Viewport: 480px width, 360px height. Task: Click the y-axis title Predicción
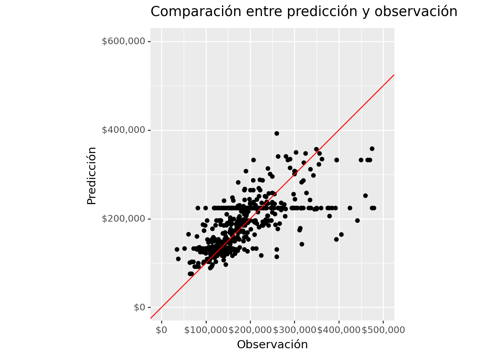click(x=91, y=176)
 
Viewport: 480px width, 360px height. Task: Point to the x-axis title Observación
click(x=272, y=344)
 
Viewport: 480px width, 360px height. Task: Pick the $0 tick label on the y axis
click(x=140, y=308)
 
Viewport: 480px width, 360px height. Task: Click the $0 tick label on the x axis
click(x=161, y=330)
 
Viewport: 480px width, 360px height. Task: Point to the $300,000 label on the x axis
click(x=295, y=330)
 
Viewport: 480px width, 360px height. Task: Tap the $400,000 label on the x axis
click(x=339, y=330)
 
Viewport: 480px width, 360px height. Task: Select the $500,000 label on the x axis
click(x=383, y=330)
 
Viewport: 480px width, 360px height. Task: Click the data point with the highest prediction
click(x=277, y=133)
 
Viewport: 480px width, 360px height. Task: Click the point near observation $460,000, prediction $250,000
click(x=365, y=196)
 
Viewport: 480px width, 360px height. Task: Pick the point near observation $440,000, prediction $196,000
click(x=357, y=220)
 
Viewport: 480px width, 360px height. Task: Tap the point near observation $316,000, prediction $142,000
click(x=302, y=244)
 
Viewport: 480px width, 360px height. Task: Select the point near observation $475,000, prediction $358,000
click(x=372, y=149)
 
